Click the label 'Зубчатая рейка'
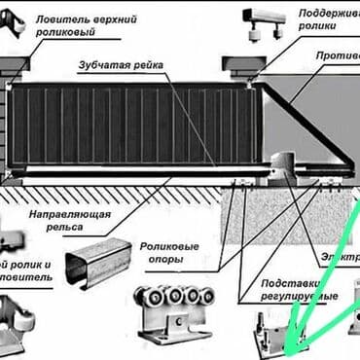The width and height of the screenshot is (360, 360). coord(121,66)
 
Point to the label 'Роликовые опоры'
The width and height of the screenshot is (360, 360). coord(171,255)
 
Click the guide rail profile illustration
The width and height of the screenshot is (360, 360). coord(98,261)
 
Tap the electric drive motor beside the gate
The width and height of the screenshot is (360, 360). coord(287,169)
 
